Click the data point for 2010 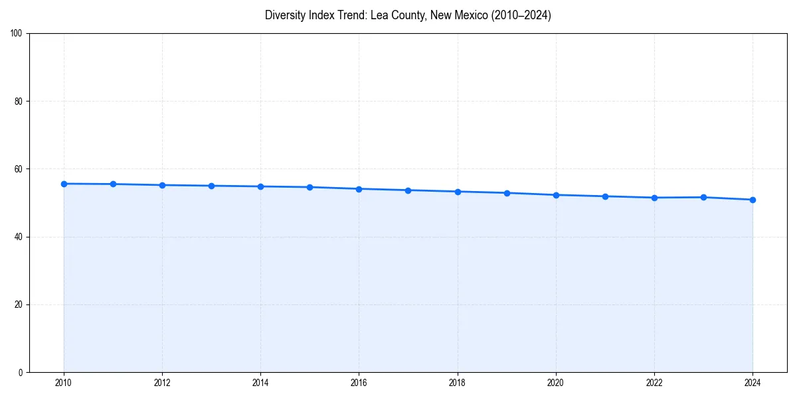tap(64, 184)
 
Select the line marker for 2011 tap(113, 184)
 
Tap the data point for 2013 tap(211, 186)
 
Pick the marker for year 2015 tap(310, 187)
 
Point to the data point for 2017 tap(408, 190)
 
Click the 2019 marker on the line tap(507, 193)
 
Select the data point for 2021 tap(605, 196)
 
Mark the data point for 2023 tap(703, 197)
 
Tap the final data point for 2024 tap(753, 200)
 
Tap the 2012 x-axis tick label tap(162, 383)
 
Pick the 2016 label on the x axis tap(359, 383)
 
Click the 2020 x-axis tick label tap(556, 383)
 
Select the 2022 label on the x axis tap(654, 383)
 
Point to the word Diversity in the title tap(284, 15)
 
